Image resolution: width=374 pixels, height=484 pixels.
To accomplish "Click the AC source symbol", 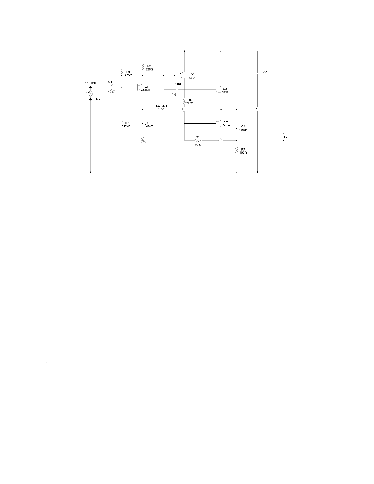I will click(91, 93).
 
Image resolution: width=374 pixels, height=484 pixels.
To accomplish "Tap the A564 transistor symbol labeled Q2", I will click(182, 74).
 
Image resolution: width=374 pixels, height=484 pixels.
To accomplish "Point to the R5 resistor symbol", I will click(184, 101).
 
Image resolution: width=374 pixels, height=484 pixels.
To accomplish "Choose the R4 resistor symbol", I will click(162, 109).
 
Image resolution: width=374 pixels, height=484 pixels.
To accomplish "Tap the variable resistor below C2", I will click(143, 140).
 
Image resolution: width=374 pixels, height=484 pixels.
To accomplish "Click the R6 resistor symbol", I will click(198, 140).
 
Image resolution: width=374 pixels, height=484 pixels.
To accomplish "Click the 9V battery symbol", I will click(257, 74).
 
